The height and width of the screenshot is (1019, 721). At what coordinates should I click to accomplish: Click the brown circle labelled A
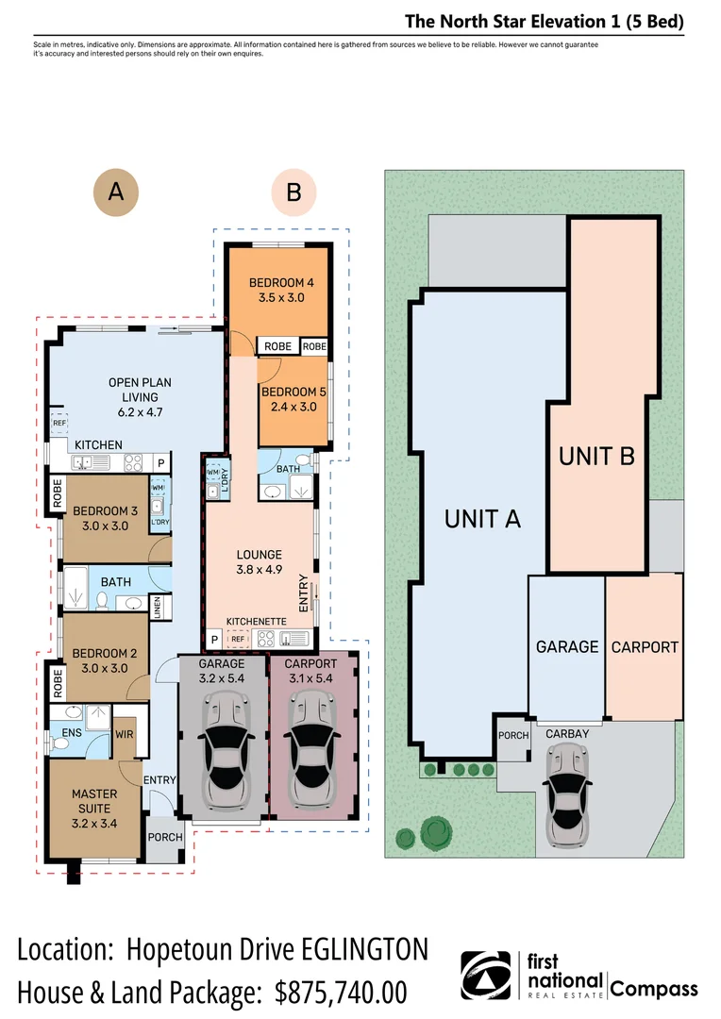pyautogui.click(x=115, y=192)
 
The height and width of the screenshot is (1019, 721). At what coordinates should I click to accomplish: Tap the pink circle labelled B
pyautogui.click(x=293, y=192)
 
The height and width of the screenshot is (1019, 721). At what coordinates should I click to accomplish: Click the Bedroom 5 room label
pyautogui.click(x=288, y=399)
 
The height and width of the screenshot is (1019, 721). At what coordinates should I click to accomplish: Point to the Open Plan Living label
pyautogui.click(x=139, y=396)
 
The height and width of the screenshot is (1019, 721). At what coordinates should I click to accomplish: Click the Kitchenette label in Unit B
pyautogui.click(x=257, y=622)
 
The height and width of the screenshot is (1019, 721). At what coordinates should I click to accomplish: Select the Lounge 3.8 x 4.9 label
pyautogui.click(x=259, y=561)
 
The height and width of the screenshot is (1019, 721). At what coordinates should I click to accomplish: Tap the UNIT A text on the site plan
pyautogui.click(x=482, y=517)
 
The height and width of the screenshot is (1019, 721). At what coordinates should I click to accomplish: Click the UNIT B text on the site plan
pyautogui.click(x=596, y=456)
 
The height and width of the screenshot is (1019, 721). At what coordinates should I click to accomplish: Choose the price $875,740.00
pyautogui.click(x=341, y=992)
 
